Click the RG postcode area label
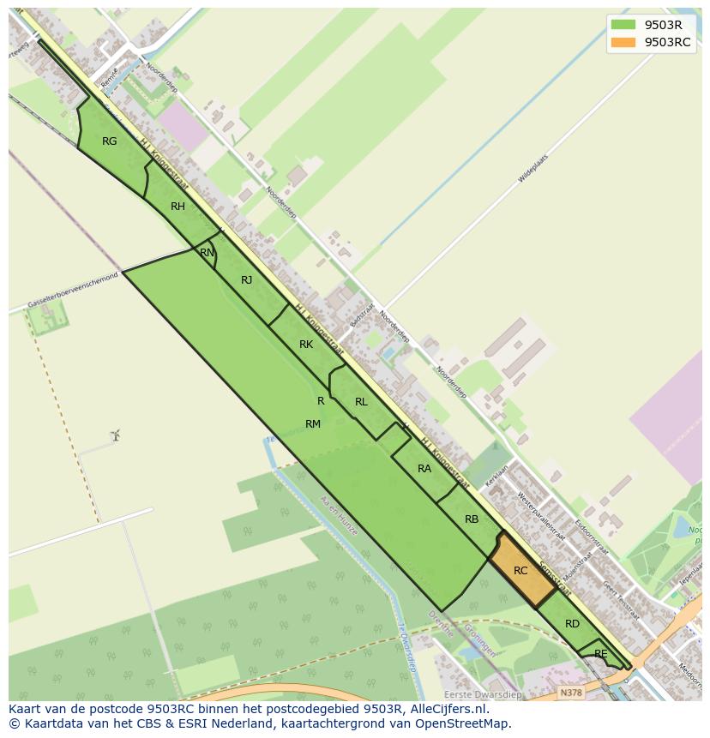click(109, 141)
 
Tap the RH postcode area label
click(177, 207)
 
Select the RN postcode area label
click(208, 253)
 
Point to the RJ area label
click(247, 280)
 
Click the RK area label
click(306, 345)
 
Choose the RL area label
click(361, 402)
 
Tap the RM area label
click(313, 424)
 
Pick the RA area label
click(424, 469)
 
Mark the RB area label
click(472, 519)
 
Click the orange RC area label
click(520, 571)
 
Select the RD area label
click(572, 624)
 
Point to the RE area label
click(601, 654)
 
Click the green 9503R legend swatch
click(623, 25)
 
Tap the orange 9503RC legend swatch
click(623, 43)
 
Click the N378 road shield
click(569, 692)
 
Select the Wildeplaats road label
click(532, 169)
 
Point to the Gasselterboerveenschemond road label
click(72, 292)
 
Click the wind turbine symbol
click(115, 435)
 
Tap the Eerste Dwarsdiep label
click(482, 694)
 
